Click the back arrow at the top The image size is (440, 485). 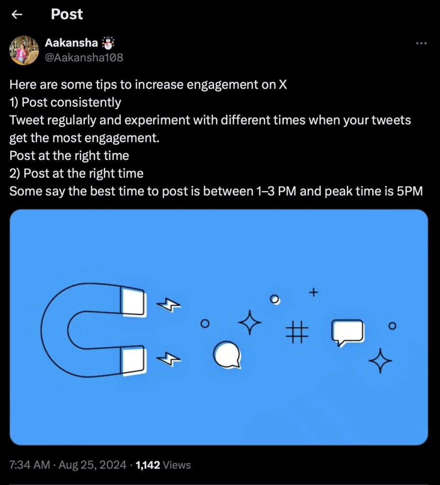pyautogui.click(x=17, y=15)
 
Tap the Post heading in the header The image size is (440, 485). pyautogui.click(x=67, y=14)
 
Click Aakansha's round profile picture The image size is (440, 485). pyautogui.click(x=24, y=50)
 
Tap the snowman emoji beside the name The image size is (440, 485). pyautogui.click(x=108, y=43)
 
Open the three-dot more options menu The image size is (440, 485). pyautogui.click(x=421, y=43)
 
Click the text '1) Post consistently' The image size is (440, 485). pyautogui.click(x=65, y=102)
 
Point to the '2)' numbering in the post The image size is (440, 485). pyautogui.click(x=15, y=173)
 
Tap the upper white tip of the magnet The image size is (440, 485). pyautogui.click(x=133, y=301)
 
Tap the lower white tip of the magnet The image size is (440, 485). pyautogui.click(x=133, y=360)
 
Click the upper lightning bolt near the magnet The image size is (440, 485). pyautogui.click(x=169, y=305)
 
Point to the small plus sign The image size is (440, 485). pyautogui.click(x=313, y=292)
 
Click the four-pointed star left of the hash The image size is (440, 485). pyautogui.click(x=250, y=323)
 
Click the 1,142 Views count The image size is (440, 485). pyautogui.click(x=163, y=465)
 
